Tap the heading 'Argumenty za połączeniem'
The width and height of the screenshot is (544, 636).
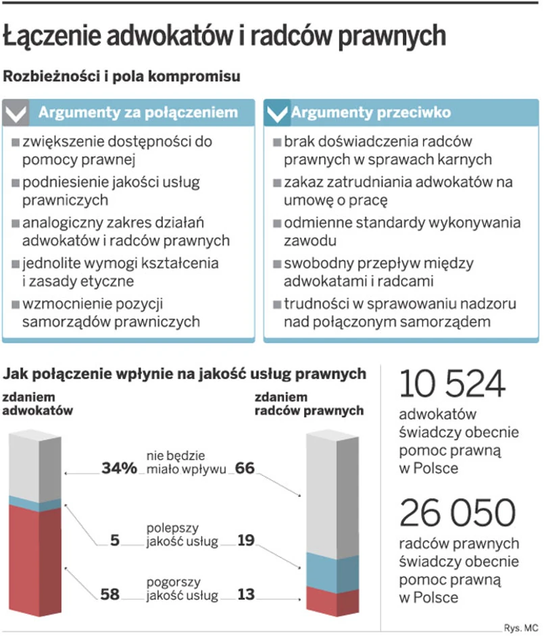click(138, 113)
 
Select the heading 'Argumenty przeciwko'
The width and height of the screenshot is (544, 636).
click(370, 113)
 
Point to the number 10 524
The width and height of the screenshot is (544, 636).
click(452, 385)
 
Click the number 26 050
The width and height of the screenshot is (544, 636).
click(457, 514)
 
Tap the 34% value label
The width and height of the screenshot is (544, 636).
click(120, 468)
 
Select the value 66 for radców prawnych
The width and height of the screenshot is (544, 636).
click(245, 468)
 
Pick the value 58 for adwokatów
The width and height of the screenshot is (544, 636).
click(110, 594)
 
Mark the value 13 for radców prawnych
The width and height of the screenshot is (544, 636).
click(245, 594)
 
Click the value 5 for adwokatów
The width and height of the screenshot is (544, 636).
click(115, 539)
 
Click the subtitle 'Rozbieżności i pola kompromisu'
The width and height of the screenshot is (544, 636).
click(122, 77)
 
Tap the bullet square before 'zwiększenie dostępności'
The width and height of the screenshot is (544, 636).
click(16, 143)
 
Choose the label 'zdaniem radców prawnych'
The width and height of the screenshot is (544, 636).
click(309, 404)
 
